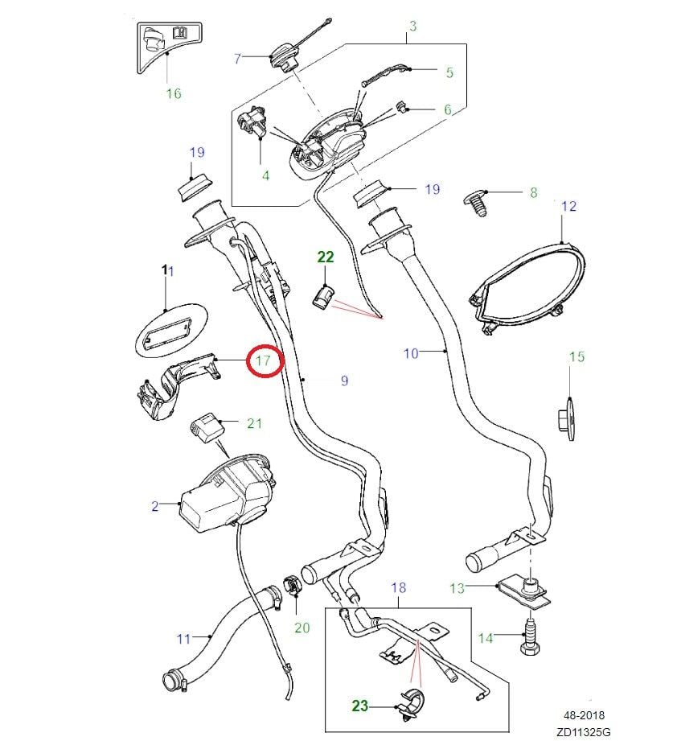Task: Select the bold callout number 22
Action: point(325,257)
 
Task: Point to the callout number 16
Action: point(174,93)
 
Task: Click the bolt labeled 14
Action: point(531,633)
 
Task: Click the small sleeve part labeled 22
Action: point(322,298)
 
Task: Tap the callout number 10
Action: point(411,352)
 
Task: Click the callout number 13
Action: point(457,588)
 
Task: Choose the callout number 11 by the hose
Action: point(183,639)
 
